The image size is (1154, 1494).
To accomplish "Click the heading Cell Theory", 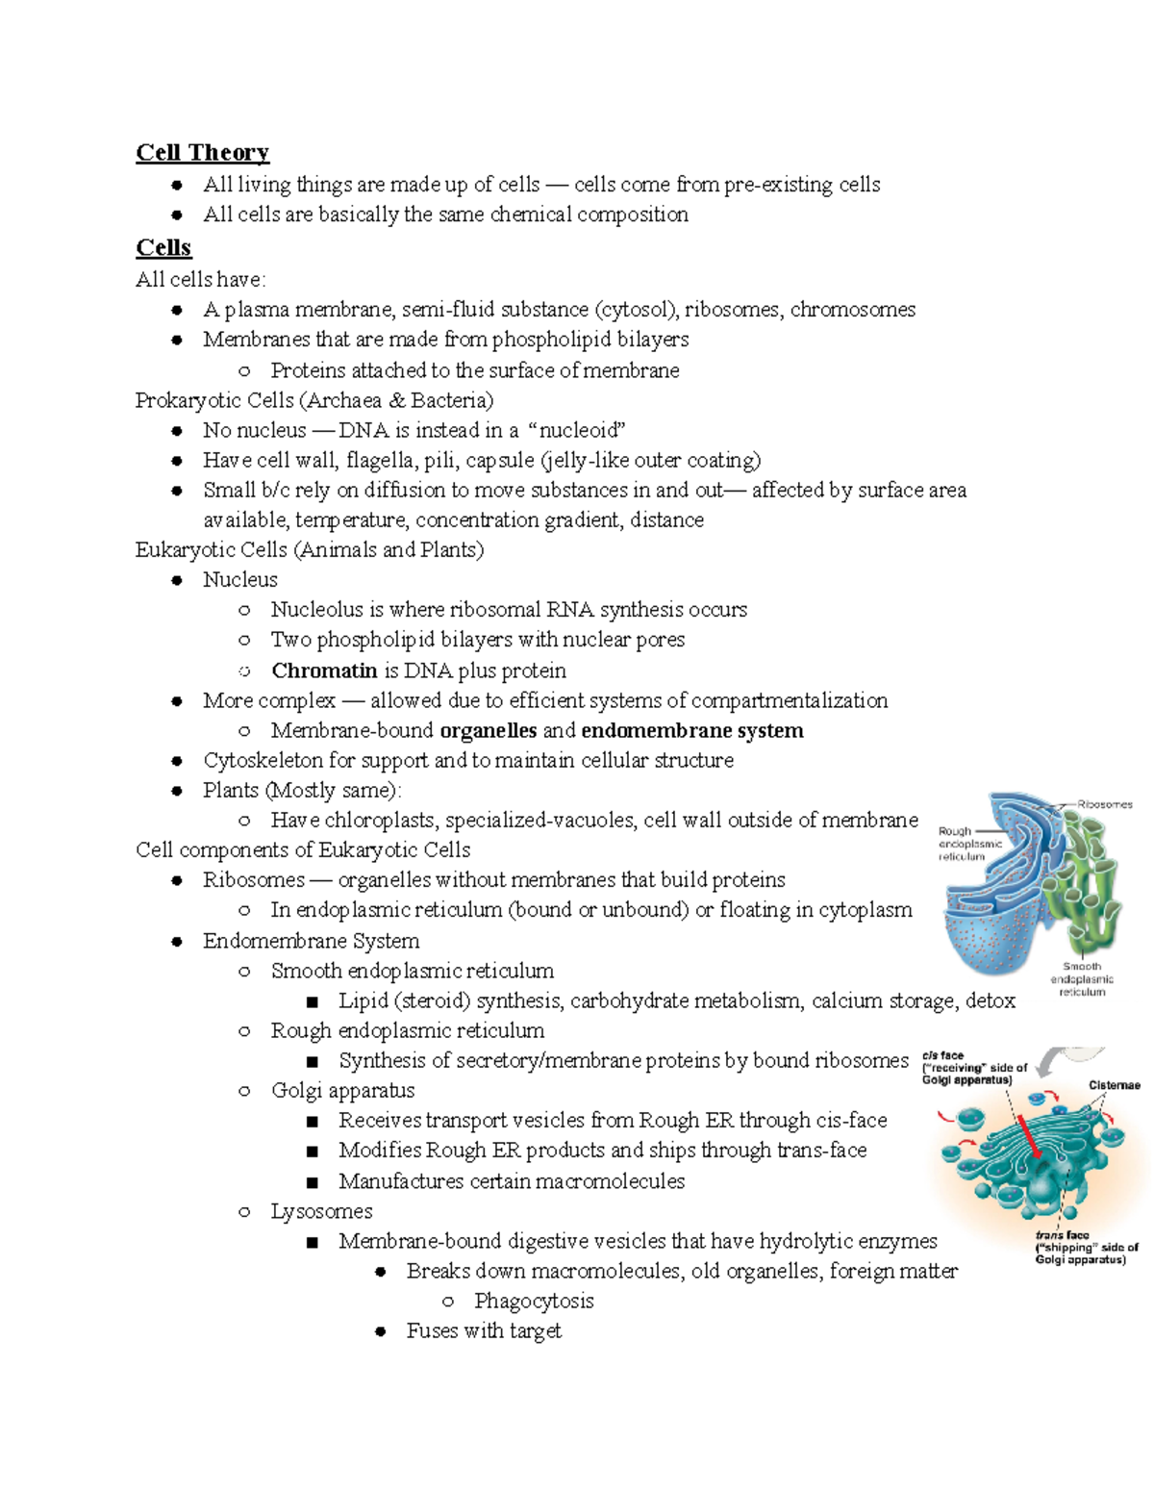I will tap(202, 152).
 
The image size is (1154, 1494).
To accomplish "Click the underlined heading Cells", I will tap(163, 247).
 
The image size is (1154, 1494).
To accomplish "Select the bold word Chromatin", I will tap(324, 671).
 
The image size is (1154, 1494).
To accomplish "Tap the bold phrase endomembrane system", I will tap(692, 730).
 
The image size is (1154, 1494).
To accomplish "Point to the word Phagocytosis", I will tap(534, 1301).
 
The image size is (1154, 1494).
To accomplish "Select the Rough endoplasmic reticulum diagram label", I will tap(968, 844).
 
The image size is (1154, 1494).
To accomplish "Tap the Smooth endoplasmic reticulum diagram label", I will tap(1082, 978).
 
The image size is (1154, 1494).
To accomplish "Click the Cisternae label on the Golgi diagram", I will tap(1114, 1085).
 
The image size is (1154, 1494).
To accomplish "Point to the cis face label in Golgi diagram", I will tap(973, 1067).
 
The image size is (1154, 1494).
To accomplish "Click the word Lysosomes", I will tap(321, 1211).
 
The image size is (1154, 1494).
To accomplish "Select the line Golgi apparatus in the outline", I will tap(342, 1091).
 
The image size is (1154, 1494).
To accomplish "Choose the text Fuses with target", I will tap(484, 1330).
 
